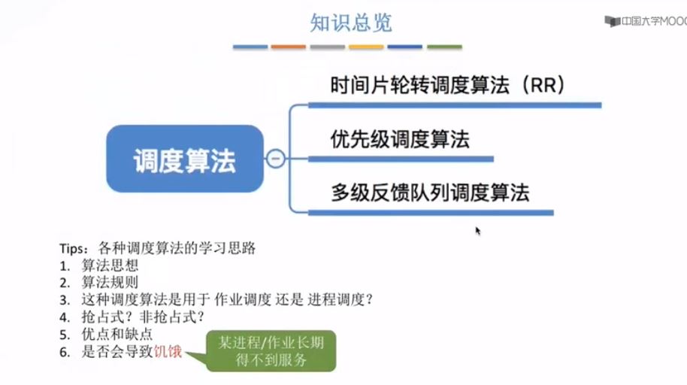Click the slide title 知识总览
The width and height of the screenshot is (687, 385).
[351, 23]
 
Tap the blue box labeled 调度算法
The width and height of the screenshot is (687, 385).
[185, 159]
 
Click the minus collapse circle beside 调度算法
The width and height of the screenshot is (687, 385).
[276, 159]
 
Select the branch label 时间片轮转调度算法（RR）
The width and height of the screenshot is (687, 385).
[447, 85]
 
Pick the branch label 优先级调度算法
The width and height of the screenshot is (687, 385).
[400, 139]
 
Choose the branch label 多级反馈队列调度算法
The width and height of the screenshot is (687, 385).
[430, 192]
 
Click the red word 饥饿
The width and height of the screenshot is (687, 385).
[168, 350]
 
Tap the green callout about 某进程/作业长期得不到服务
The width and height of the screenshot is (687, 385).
[271, 350]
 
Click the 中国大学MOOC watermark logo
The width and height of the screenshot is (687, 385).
[646, 22]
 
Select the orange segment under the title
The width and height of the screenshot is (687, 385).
[289, 47]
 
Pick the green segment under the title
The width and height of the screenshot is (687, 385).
[444, 47]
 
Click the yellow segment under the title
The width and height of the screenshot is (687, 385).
[366, 47]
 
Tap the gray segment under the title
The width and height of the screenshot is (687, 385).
[328, 47]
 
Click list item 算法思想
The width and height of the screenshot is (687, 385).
[110, 265]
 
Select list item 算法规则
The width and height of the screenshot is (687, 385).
[110, 282]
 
